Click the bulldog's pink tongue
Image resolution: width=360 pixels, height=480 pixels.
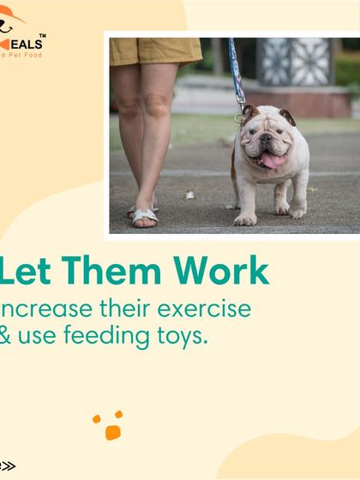tap(270, 160)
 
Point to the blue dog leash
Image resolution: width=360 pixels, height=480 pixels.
tap(236, 73)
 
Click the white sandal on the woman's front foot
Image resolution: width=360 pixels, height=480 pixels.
tap(144, 216)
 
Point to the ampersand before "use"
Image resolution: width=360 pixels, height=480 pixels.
tap(6, 336)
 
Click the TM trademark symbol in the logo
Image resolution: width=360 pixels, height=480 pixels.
tap(43, 36)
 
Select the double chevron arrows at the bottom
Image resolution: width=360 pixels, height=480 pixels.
tap(8, 466)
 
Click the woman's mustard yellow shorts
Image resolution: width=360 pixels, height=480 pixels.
tap(154, 51)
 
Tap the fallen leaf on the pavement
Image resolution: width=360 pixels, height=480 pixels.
tap(190, 195)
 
